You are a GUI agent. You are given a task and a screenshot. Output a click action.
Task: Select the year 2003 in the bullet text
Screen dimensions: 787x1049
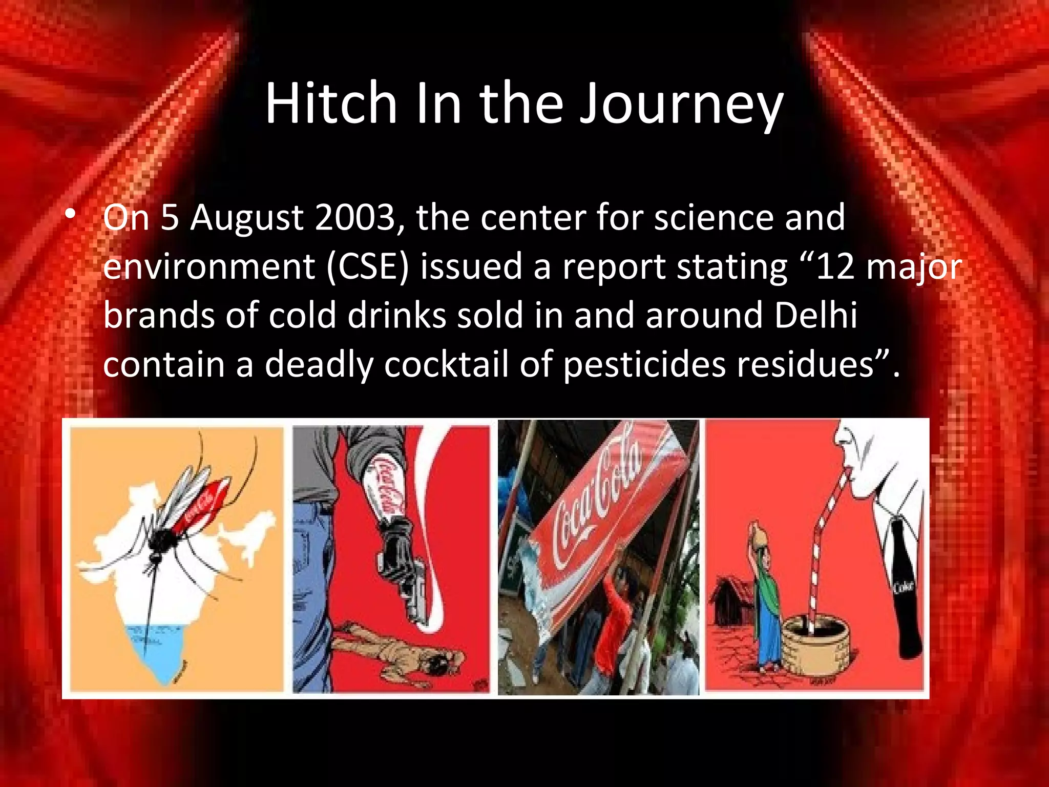(x=355, y=217)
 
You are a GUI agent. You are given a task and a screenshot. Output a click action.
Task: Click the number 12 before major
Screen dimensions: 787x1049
(x=835, y=267)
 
